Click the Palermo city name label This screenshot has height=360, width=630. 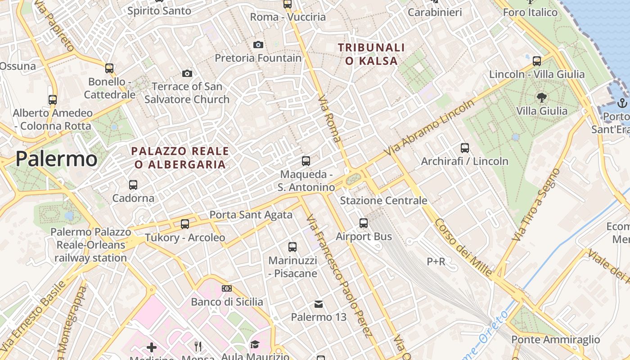56,159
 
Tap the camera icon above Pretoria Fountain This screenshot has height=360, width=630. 258,45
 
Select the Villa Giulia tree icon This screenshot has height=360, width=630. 542,97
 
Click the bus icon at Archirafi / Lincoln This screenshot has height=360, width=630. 465,148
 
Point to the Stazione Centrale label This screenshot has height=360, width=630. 383,200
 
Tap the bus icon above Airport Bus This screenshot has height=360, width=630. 364,223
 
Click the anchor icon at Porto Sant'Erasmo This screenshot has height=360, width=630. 622,103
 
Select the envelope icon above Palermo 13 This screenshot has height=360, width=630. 319,304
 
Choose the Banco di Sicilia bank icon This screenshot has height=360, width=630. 227,288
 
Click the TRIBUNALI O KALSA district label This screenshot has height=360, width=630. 371,54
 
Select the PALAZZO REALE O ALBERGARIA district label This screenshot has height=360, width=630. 180,157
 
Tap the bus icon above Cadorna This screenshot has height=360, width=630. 133,184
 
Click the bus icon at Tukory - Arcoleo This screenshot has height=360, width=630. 184,224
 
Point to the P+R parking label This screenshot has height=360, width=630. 436,261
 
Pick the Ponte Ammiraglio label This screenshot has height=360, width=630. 556,339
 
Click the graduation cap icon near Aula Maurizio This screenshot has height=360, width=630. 255,345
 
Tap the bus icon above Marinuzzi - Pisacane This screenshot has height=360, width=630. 292,247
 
